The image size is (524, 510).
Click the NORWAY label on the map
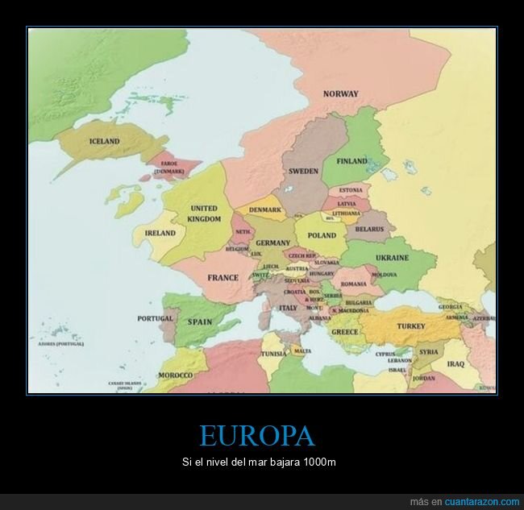coord(340,94)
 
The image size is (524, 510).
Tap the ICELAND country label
coord(104,141)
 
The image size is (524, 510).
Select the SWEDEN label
coord(303,171)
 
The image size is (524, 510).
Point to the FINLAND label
coord(351,161)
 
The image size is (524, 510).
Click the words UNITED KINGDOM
coord(204,214)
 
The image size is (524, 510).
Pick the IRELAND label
coord(160,233)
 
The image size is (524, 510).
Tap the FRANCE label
coord(222,278)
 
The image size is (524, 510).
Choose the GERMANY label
coord(272,243)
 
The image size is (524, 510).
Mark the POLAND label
coord(322,235)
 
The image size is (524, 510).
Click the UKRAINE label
coord(392,258)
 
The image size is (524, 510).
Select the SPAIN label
coord(199,321)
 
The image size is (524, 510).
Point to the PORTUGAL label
coord(156,318)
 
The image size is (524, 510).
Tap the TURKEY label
coord(410,326)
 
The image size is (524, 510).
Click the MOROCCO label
coord(175,375)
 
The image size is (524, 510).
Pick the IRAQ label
coord(455,363)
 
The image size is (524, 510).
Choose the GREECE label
coord(344,332)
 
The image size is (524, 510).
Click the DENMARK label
coord(264,209)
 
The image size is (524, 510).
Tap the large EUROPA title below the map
coord(256,437)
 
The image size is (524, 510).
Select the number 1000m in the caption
coord(320,462)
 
